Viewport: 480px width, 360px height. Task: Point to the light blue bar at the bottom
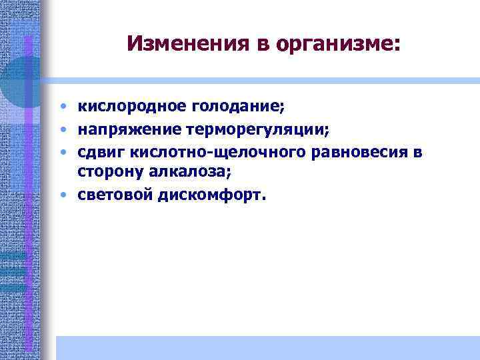[267, 347]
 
